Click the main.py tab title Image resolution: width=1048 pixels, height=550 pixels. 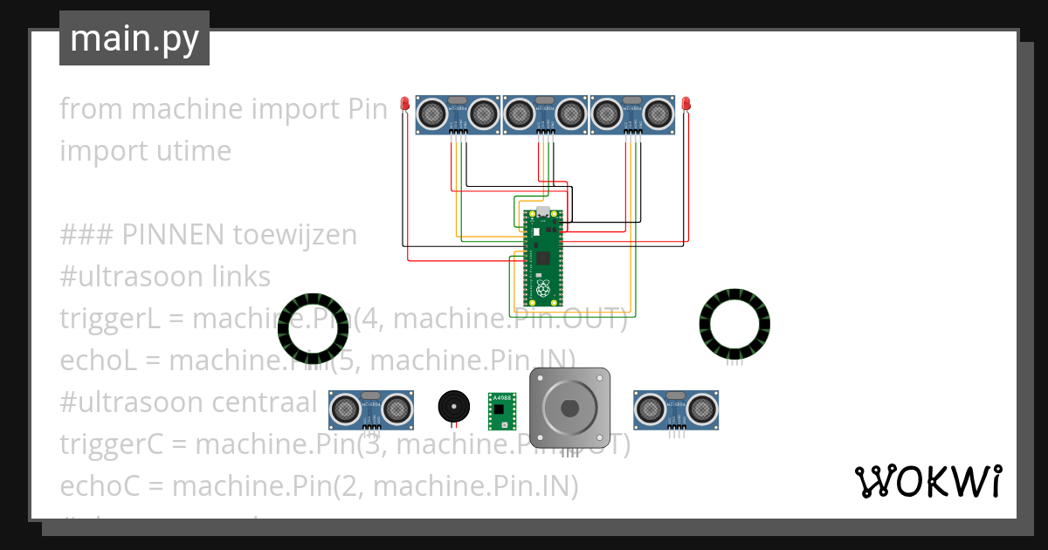pos(134,38)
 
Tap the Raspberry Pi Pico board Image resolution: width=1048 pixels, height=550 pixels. pos(543,257)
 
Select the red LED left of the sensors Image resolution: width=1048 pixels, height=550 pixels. pos(404,105)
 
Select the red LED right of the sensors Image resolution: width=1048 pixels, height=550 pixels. pos(686,105)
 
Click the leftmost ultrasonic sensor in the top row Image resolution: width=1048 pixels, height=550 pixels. pos(457,114)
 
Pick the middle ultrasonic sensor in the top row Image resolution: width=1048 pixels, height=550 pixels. pos(544,114)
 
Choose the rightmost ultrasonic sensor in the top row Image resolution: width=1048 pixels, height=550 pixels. pos(632,114)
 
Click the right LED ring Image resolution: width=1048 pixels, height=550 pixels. pos(734,324)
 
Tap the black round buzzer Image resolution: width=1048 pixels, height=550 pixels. pos(452,407)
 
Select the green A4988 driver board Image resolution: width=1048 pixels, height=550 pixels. pos(502,411)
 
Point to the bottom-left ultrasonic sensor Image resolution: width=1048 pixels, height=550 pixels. pos(371,409)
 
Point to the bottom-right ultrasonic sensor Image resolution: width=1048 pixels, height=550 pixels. pos(675,409)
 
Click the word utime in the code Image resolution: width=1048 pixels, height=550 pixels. pos(193,151)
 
